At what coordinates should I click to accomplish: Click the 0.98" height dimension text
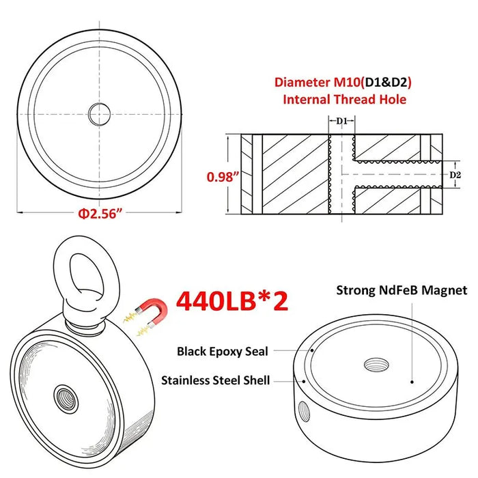(223, 177)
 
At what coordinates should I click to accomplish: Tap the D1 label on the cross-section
(341, 121)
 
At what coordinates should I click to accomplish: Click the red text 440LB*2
(231, 300)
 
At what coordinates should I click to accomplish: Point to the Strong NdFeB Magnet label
(402, 290)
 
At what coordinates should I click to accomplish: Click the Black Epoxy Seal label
(223, 351)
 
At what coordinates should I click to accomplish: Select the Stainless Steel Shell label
(215, 380)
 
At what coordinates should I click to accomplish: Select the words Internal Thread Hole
(345, 100)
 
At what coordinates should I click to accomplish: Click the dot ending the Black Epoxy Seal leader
(311, 349)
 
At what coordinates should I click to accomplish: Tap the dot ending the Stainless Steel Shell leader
(295, 380)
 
